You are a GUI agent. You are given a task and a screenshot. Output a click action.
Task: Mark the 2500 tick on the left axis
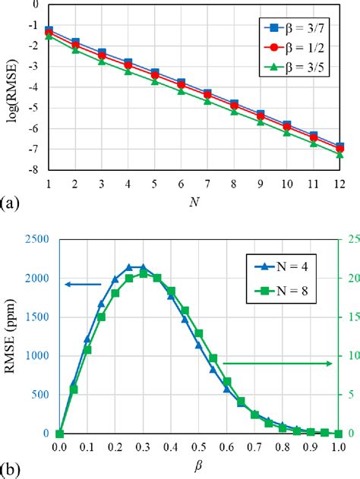33,239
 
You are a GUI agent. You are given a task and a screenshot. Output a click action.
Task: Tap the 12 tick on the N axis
339,184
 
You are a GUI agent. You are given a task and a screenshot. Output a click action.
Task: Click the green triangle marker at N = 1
49,36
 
